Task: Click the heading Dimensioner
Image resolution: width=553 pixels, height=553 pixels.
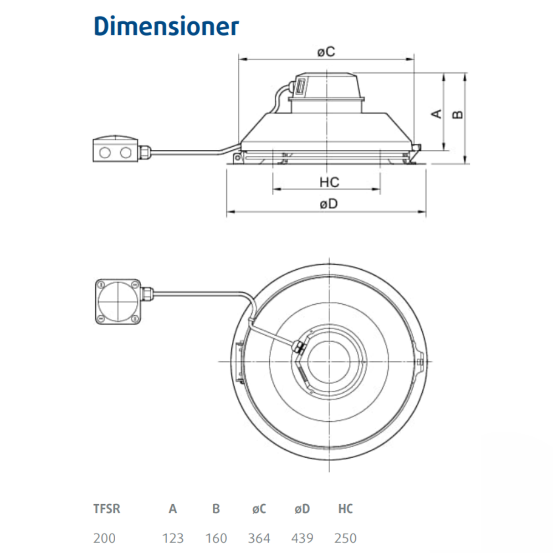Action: pos(166,26)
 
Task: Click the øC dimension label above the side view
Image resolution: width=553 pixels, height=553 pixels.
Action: pos(326,51)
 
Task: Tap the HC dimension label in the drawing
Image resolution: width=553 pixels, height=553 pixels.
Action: pos(329,182)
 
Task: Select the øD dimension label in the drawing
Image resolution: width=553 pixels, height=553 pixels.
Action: pos(328,204)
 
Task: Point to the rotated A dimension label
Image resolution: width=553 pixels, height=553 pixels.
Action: pos(437,113)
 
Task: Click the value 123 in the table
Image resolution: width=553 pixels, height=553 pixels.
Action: pos(173,538)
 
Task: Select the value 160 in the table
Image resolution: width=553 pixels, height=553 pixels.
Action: pos(216,538)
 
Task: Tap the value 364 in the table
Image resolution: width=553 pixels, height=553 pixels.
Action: pos(259,538)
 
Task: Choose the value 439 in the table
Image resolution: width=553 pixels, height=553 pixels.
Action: pos(302,538)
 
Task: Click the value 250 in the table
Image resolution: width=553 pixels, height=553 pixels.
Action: pos(345,538)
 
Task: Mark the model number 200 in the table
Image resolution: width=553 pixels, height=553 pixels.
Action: pos(104,538)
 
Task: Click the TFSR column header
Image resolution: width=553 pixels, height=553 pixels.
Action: pos(107,508)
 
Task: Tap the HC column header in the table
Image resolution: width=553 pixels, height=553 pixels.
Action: pos(345,508)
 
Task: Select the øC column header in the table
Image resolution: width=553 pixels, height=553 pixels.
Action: pos(259,508)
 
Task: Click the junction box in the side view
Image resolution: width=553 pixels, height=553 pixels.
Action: pos(114,149)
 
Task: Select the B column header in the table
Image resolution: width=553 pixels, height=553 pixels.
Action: pos(216,508)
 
